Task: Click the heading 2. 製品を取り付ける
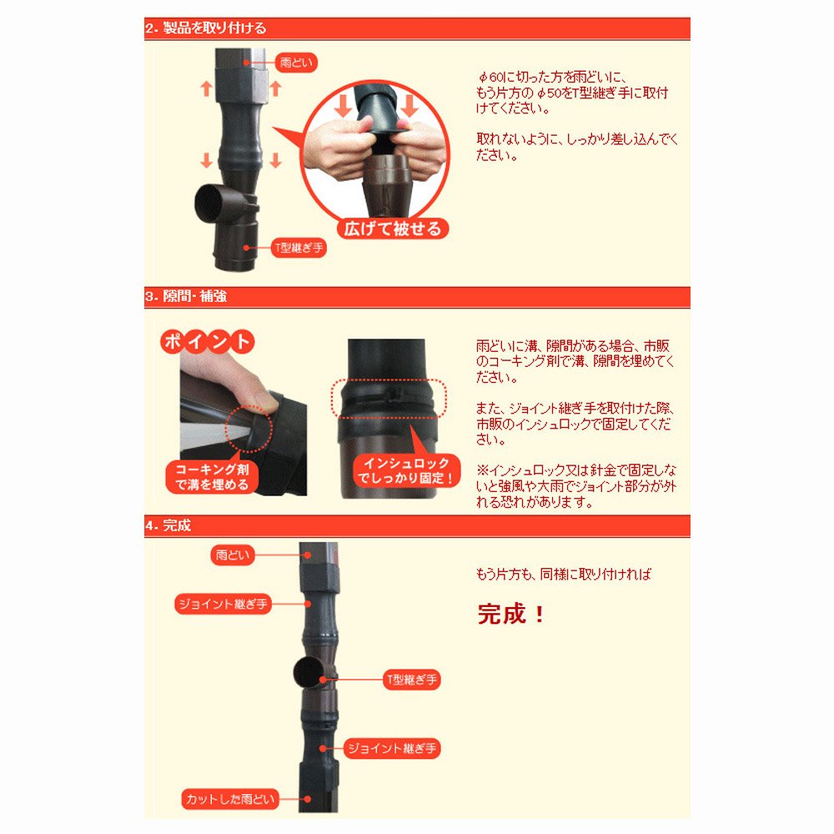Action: click(x=205, y=28)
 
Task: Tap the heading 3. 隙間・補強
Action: click(x=186, y=296)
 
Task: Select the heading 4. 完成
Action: click(x=168, y=525)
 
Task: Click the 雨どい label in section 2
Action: click(x=296, y=63)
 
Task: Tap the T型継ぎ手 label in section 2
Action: click(x=299, y=248)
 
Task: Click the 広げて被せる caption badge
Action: click(x=393, y=229)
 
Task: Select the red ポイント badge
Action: click(x=208, y=341)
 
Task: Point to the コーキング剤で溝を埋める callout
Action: click(x=212, y=476)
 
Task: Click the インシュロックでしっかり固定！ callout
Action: click(x=406, y=470)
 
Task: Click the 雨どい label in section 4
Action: click(x=233, y=555)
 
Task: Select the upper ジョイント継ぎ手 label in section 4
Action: click(x=223, y=604)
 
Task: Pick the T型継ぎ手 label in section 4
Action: click(x=412, y=679)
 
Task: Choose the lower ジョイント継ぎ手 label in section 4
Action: click(x=392, y=748)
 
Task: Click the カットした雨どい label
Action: click(x=230, y=799)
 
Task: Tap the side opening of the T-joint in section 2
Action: click(x=211, y=203)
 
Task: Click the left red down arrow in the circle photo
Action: click(x=343, y=104)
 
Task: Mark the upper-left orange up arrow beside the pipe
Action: click(x=206, y=88)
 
